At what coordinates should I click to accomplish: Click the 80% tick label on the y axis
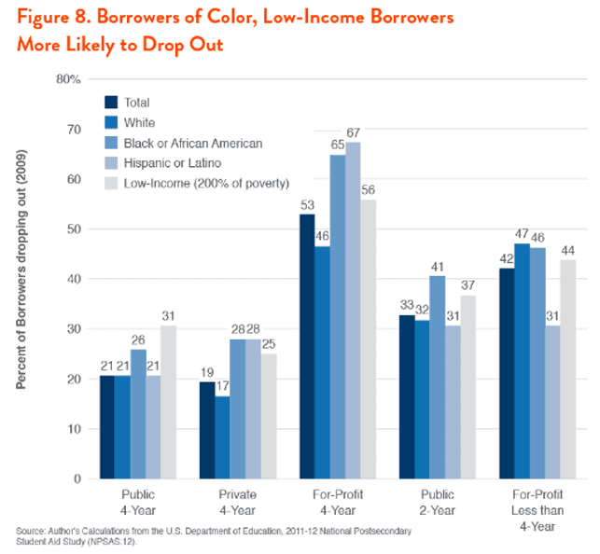point(68,79)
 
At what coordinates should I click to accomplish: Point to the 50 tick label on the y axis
point(72,229)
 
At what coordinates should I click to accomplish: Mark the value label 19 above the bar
point(205,373)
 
